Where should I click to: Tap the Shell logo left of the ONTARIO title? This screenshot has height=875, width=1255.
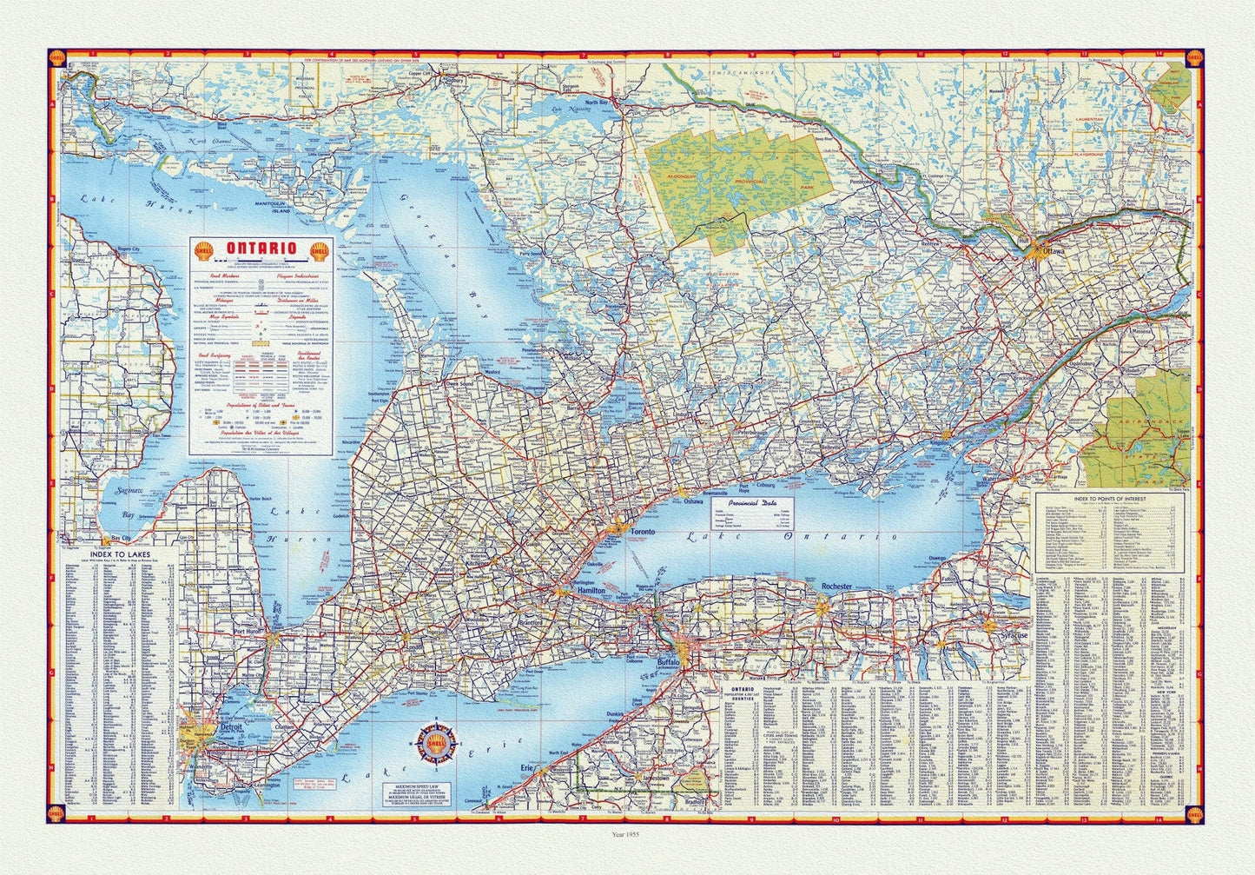(205, 250)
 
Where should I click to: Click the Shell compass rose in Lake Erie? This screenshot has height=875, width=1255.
(439, 743)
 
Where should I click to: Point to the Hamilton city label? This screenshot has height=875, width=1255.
(589, 591)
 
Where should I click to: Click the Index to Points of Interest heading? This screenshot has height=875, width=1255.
(1109, 499)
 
